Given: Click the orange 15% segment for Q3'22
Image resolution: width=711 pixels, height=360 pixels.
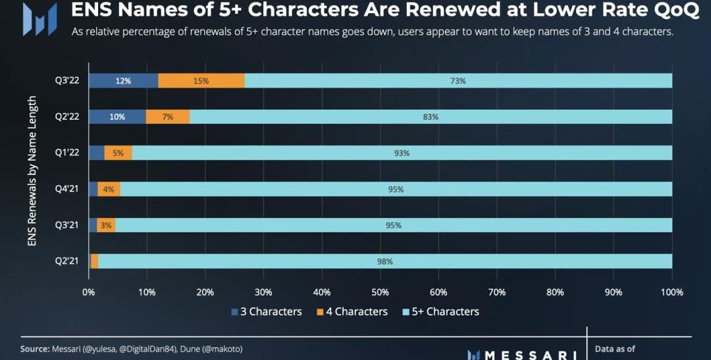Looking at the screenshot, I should [201, 80].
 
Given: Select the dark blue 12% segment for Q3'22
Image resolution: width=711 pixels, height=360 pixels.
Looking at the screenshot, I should [123, 80].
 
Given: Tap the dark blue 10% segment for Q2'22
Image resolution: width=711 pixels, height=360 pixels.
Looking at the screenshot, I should [117, 116].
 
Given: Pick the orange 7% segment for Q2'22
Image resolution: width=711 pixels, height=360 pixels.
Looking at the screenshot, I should [168, 116].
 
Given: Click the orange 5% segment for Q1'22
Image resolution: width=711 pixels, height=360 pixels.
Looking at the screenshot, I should [118, 153].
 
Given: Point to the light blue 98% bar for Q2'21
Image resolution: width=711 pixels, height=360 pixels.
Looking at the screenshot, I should [385, 261].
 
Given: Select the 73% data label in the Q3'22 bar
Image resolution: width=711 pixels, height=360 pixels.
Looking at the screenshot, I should [458, 81].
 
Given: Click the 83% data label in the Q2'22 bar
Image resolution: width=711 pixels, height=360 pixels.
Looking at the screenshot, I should [431, 116].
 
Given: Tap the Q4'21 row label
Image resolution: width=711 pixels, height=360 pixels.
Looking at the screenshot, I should [66, 189].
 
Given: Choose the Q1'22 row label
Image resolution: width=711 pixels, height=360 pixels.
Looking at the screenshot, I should [66, 153].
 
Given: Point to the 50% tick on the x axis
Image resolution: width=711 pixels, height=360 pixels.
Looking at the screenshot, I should [380, 292].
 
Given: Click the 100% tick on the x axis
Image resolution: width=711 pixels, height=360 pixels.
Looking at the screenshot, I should [671, 292].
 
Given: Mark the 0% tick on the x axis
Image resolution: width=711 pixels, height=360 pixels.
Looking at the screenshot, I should [88, 292].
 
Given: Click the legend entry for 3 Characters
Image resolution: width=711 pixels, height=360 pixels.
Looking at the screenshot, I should [266, 311].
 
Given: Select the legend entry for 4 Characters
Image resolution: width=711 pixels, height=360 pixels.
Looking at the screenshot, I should [353, 311].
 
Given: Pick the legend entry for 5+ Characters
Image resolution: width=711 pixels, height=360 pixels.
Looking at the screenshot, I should [440, 311].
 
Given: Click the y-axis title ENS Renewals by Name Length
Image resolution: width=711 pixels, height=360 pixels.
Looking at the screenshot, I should [32, 171].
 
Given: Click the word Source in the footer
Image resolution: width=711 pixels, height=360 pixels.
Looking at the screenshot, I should [34, 349].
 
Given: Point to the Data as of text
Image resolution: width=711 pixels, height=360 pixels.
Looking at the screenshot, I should [615, 349].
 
